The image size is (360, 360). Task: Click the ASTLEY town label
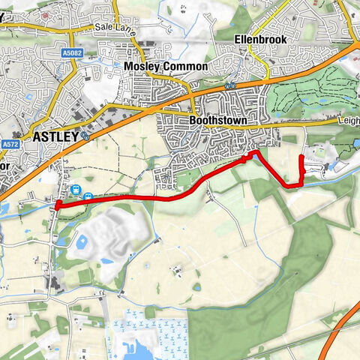[56, 137]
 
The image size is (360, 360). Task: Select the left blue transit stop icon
[76, 190]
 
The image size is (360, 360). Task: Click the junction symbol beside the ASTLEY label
[87, 137]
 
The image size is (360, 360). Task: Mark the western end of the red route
[57, 204]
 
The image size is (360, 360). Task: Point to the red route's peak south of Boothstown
[255, 152]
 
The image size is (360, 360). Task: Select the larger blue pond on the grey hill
[82, 241]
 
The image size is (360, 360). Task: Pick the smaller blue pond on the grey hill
[108, 262]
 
